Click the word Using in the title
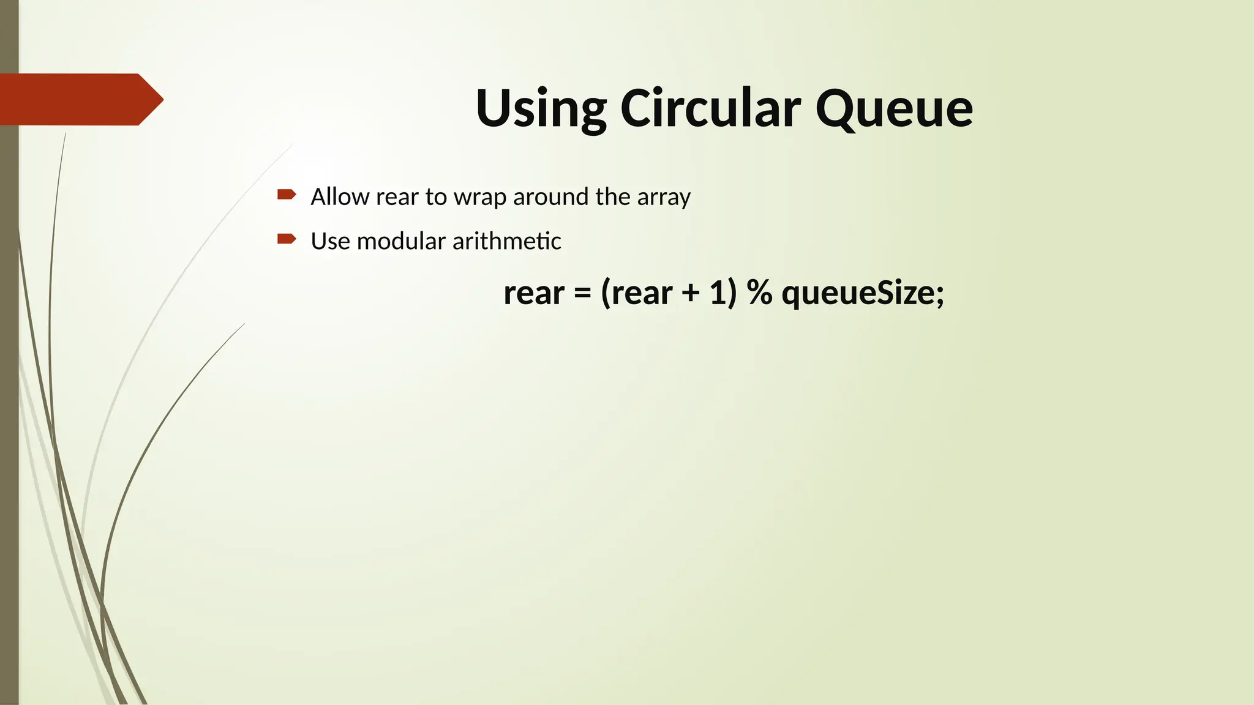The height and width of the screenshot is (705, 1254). click(541, 108)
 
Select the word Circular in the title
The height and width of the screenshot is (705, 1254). click(710, 108)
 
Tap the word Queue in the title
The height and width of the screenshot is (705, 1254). click(894, 108)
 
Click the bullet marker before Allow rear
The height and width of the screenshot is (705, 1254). click(287, 195)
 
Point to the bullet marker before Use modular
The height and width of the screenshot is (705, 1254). click(287, 239)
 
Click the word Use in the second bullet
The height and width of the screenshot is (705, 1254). click(331, 241)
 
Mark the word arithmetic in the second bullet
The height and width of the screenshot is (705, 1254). click(506, 241)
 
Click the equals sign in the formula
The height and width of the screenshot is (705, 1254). click(582, 293)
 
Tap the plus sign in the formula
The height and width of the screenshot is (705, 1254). click(691, 293)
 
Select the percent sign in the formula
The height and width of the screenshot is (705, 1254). click(760, 293)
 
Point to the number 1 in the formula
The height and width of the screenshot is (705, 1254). click(718, 293)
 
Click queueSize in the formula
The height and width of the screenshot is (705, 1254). click(858, 293)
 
